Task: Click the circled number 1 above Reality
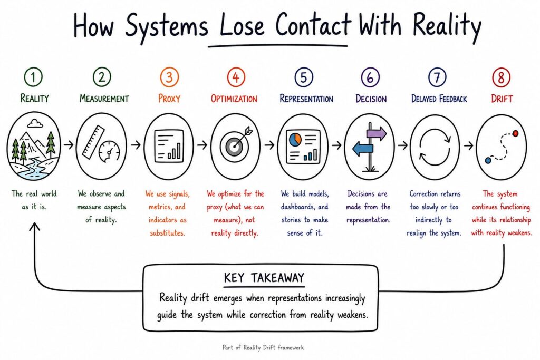coord(33,77)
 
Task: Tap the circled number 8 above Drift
coord(502,77)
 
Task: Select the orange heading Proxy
coord(169,99)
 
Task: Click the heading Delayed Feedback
coord(439,99)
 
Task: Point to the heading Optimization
coord(234,99)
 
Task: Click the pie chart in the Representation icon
coord(295,139)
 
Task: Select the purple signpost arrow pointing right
coord(377,133)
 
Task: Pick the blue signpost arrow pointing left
coord(363,149)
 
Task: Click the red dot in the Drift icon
coord(515,133)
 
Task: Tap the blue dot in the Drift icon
coord(488,160)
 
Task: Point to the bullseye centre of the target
coord(235,147)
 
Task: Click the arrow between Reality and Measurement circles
coord(69,145)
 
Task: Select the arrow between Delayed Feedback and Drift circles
coord(469,145)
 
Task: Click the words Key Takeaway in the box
coord(264,277)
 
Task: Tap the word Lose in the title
coord(242,25)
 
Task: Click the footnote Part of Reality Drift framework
coord(263,347)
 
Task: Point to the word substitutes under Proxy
coord(168,233)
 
